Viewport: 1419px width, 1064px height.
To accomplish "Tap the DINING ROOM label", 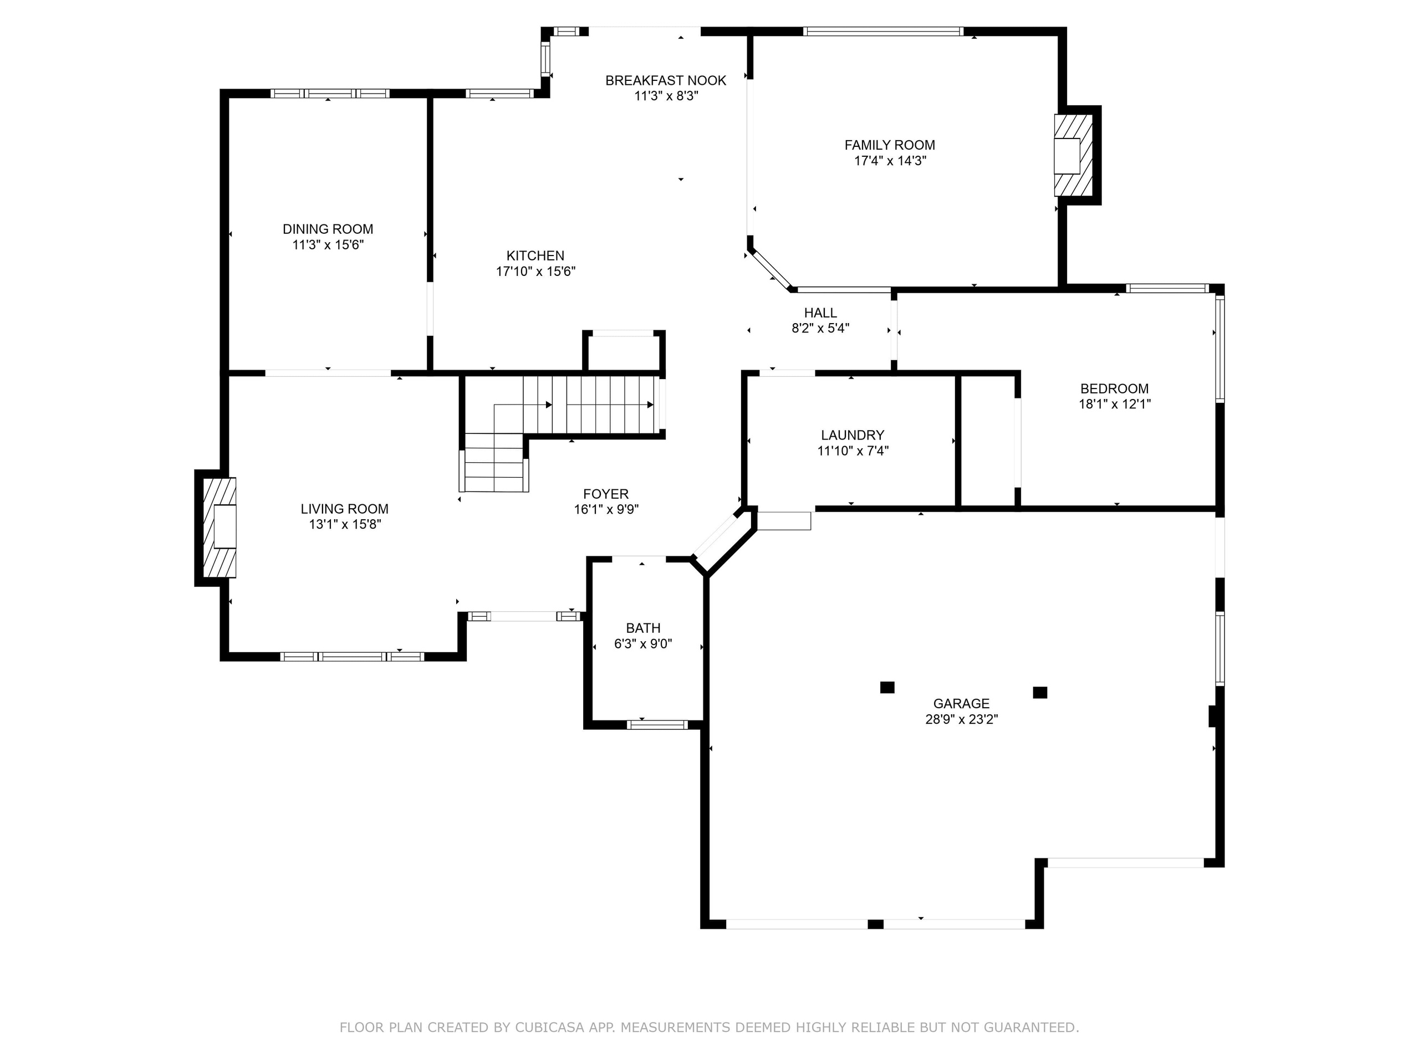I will point(328,229).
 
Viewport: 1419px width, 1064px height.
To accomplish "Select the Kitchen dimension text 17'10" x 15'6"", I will point(535,272).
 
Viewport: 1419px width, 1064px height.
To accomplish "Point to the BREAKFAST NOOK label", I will point(666,80).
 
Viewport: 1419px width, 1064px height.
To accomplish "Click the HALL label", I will point(820,313).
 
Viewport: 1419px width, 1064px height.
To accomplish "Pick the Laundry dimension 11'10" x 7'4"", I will point(853,451).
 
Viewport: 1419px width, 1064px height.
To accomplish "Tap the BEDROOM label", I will point(1114,388).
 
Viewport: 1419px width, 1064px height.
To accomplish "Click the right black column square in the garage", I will point(1040,692).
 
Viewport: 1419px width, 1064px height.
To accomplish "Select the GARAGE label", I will point(961,704).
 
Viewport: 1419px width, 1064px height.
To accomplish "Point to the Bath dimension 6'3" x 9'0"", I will point(643,644).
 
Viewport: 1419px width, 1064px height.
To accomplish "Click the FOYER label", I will point(606,494).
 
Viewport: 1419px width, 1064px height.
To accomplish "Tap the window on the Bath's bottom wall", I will point(657,725).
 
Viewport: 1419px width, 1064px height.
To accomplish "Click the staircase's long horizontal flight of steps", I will point(590,405).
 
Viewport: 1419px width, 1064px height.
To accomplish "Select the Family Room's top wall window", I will point(882,31).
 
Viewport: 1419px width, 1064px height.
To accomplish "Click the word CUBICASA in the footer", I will point(549,1027).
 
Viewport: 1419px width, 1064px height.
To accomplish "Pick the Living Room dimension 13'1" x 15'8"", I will point(344,525).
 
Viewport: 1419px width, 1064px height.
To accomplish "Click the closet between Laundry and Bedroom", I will point(988,441).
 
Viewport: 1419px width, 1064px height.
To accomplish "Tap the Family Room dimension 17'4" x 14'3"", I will point(890,161).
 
